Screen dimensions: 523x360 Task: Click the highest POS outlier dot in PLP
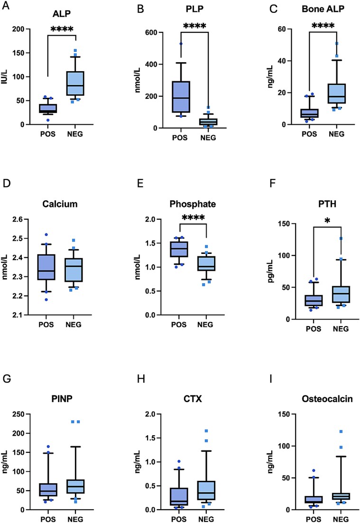pyautogui.click(x=181, y=44)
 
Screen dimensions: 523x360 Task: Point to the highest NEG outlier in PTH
pyautogui.click(x=341, y=238)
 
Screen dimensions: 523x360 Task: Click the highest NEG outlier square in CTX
pyautogui.click(x=206, y=431)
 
